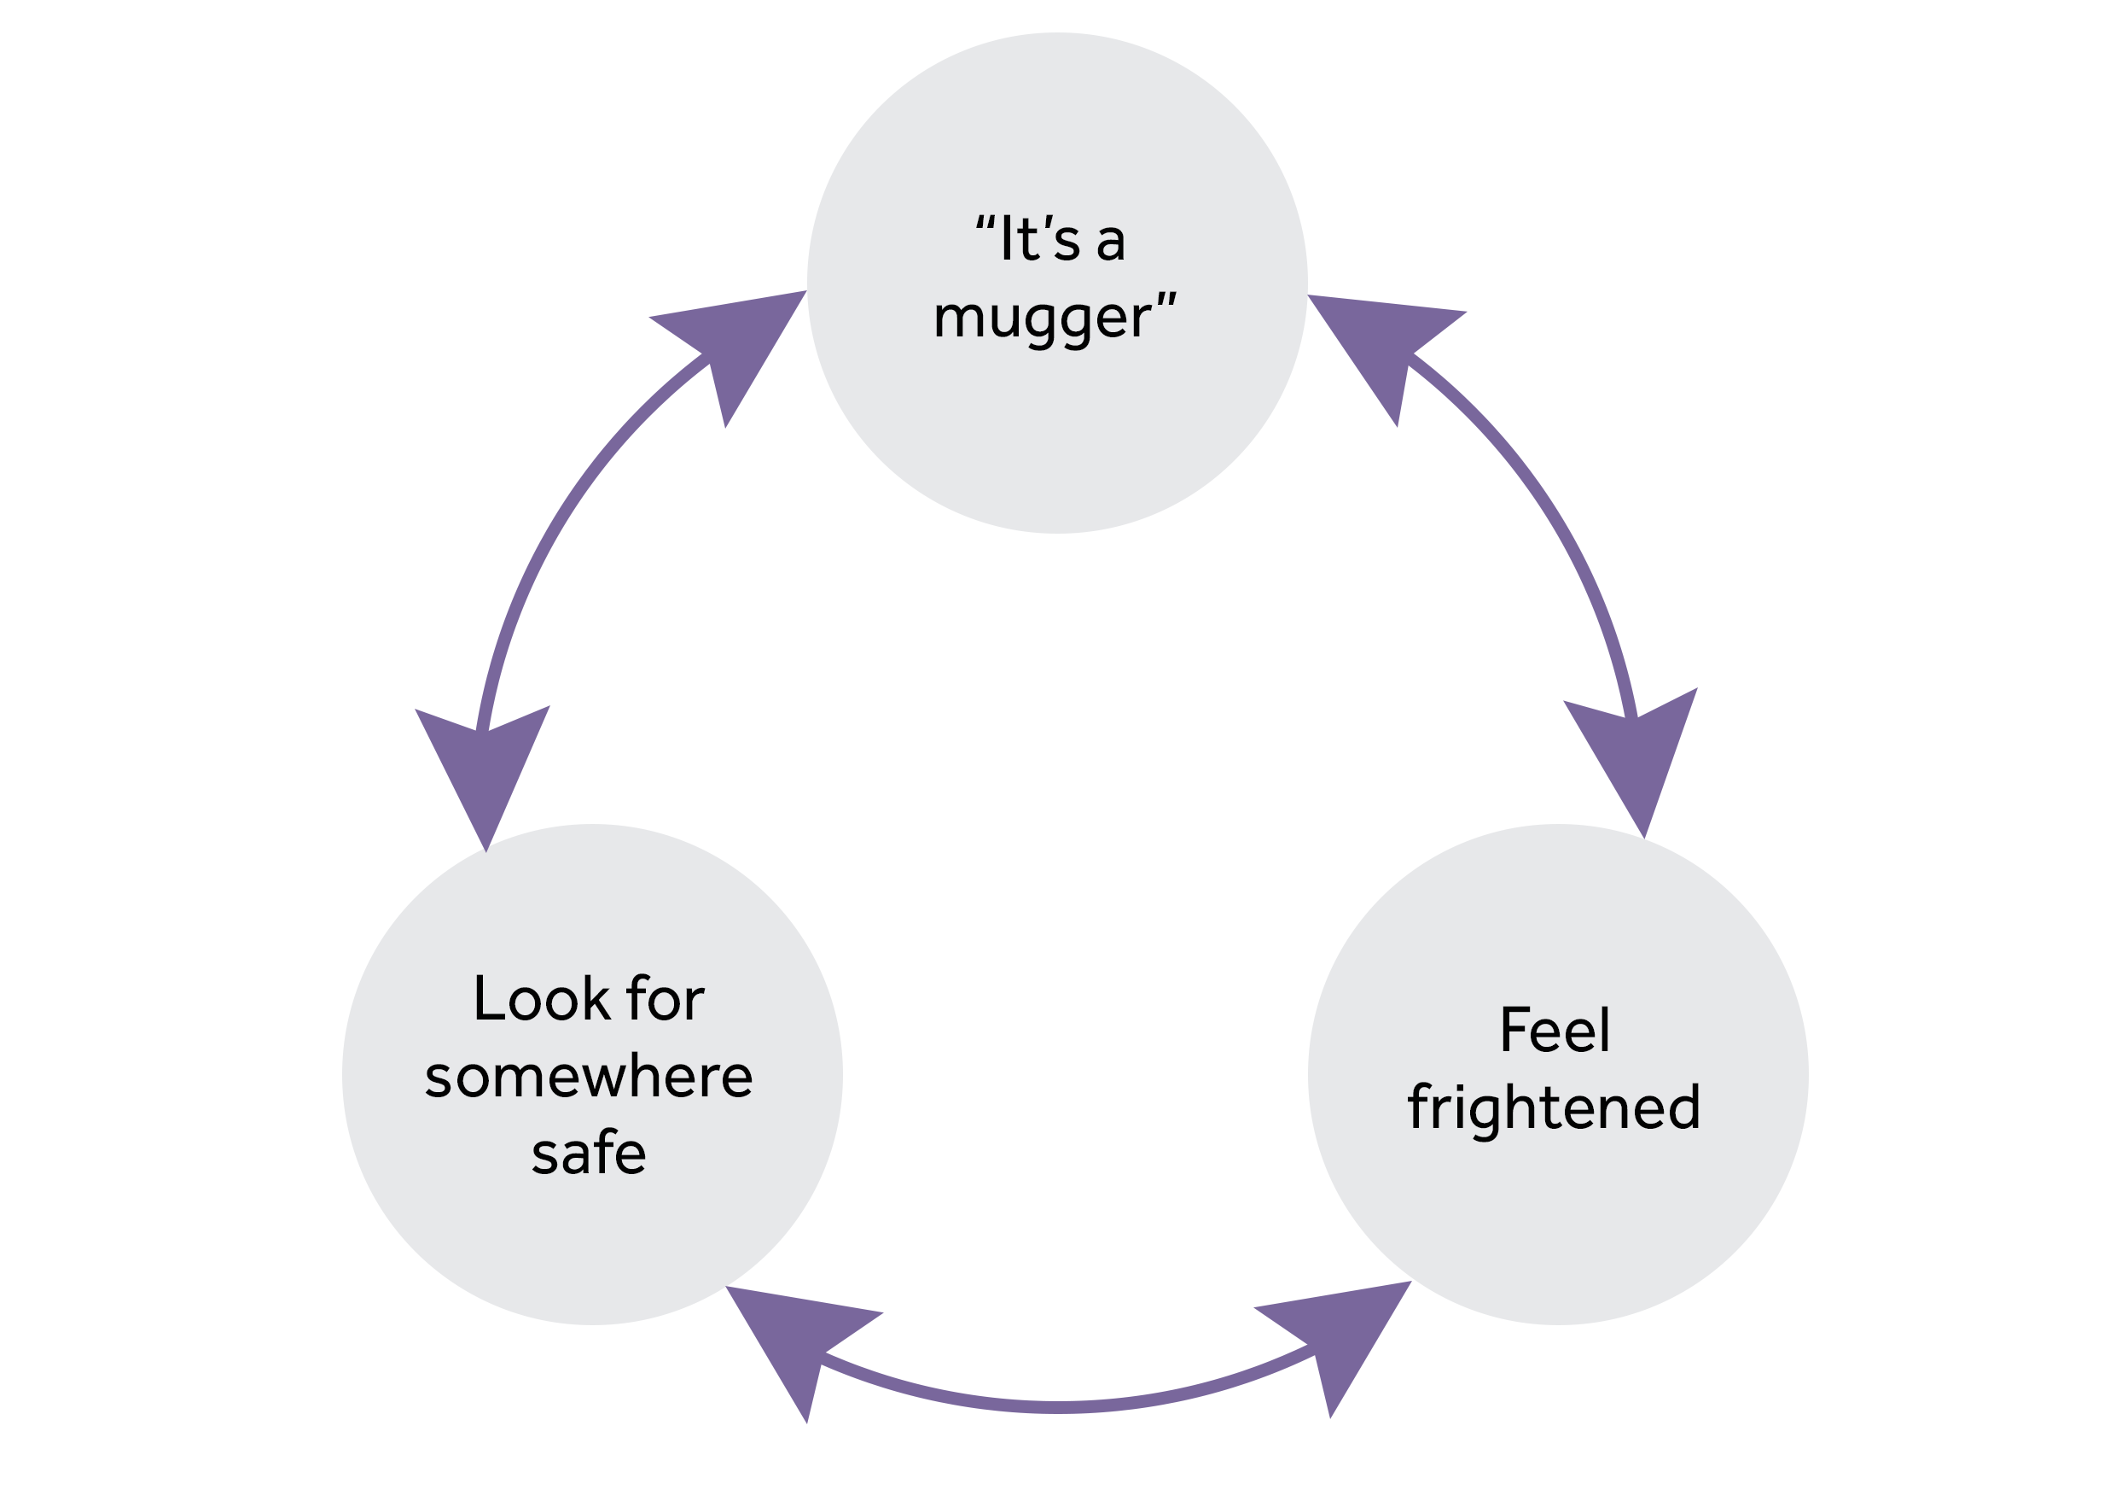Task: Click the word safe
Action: pyautogui.click(x=589, y=1154)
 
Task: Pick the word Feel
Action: pyautogui.click(x=1555, y=1030)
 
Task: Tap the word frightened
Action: pyautogui.click(x=1554, y=1108)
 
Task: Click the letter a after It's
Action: pyautogui.click(x=1111, y=242)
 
